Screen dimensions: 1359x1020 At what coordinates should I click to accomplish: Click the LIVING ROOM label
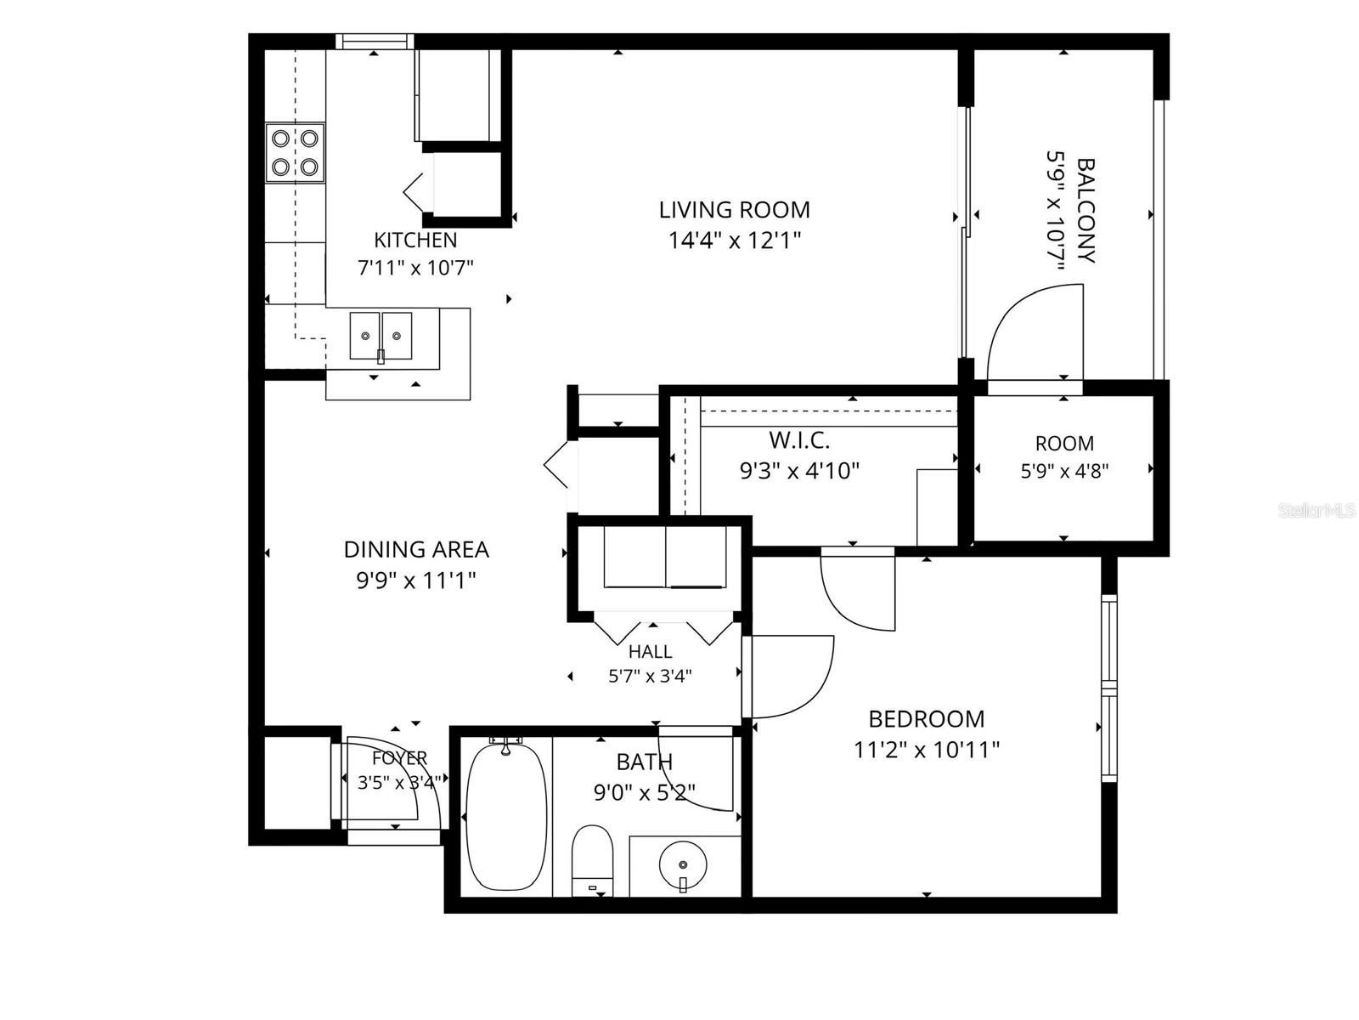734,210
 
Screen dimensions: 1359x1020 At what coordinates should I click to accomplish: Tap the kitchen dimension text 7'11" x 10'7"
415,268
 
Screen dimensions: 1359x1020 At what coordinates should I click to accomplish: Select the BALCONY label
1086,211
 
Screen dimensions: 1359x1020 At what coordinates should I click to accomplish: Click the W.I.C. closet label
799,440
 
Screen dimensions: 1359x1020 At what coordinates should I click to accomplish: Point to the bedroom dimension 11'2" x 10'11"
926,750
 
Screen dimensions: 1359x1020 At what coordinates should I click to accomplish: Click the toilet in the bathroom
592,860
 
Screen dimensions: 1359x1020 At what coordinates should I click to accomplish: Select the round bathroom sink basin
683,864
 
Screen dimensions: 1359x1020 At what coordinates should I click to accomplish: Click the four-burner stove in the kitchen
296,153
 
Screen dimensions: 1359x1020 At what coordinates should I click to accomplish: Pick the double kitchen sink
381,337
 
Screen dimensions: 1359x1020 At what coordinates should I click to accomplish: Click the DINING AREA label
416,549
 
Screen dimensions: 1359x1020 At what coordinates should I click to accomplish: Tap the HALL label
650,651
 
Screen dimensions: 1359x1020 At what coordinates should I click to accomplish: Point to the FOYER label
399,758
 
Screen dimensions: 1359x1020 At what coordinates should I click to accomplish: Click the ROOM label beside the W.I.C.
1064,444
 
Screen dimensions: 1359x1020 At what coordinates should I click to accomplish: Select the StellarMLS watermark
1316,511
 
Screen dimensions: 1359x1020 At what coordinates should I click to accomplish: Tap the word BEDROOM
926,719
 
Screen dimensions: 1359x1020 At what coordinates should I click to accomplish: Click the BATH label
645,762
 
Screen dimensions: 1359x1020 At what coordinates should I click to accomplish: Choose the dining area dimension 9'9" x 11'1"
416,581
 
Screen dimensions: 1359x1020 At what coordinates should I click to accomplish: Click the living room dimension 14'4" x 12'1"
735,240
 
